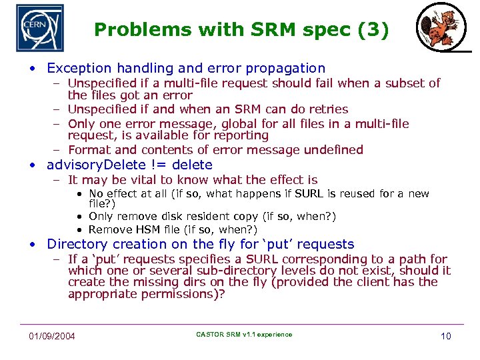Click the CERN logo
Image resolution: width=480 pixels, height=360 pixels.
(x=39, y=28)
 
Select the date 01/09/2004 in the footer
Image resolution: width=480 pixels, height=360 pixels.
(x=51, y=335)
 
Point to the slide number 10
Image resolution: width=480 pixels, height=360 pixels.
(x=445, y=335)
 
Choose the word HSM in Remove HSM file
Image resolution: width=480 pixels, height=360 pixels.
(x=143, y=230)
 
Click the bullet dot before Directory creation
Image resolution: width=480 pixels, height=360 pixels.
(x=31, y=245)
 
